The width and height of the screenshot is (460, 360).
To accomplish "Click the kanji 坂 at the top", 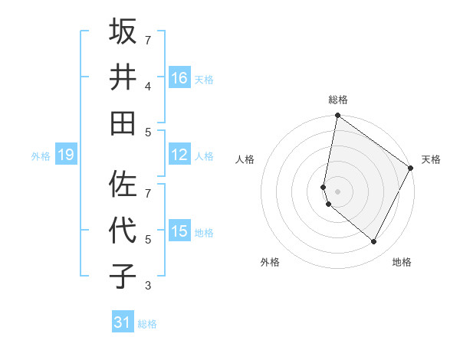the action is (x=123, y=32).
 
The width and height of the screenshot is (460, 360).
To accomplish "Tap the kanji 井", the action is (x=123, y=77).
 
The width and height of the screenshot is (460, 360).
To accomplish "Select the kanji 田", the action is (x=123, y=123).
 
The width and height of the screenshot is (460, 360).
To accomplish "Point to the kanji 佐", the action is (x=123, y=183).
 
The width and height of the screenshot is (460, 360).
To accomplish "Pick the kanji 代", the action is (x=123, y=231).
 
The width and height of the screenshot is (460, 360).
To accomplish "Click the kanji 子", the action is (x=123, y=277).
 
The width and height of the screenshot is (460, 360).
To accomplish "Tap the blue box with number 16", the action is (x=179, y=77).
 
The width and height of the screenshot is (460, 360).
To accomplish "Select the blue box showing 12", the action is (x=179, y=155).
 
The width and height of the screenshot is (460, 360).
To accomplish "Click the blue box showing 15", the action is (x=179, y=231).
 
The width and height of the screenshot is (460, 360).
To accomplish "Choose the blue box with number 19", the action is (x=66, y=155).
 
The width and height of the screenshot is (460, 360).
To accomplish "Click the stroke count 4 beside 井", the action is (x=148, y=86).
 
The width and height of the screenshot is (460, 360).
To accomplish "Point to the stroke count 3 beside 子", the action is (x=148, y=286).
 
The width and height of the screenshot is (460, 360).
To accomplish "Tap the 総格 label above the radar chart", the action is (x=337, y=100).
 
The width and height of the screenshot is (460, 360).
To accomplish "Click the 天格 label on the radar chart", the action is (x=431, y=159).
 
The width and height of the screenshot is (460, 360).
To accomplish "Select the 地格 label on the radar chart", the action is (x=402, y=262).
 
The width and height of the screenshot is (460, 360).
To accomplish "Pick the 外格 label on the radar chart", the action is (x=270, y=262).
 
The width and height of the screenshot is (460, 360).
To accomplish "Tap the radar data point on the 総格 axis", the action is (x=337, y=116).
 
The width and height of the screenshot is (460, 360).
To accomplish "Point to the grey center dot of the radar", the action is (x=337, y=191).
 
